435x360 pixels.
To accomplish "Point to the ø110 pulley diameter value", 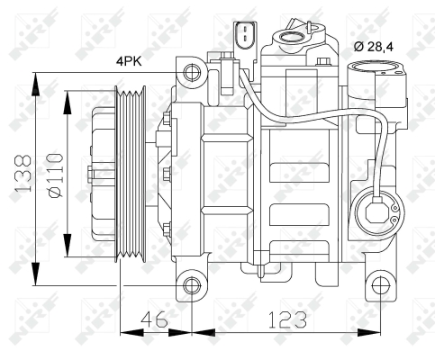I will click(54, 173).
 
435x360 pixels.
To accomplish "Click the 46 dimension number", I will click(155, 319).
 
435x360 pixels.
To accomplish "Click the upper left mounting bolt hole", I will click(191, 71).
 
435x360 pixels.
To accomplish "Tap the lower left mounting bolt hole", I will click(191, 286).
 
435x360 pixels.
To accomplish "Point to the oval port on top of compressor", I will click(294, 38).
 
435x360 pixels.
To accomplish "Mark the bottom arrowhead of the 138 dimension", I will click(35, 278).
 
